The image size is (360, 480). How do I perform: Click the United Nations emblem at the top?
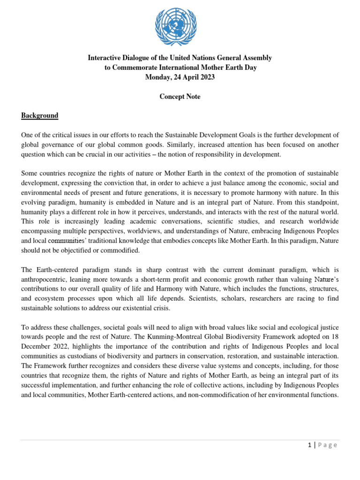176,27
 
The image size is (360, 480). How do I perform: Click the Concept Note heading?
180,97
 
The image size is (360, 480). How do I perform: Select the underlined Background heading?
39,115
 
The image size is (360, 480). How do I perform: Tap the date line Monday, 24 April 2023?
180,77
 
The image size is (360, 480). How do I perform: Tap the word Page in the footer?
328,445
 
